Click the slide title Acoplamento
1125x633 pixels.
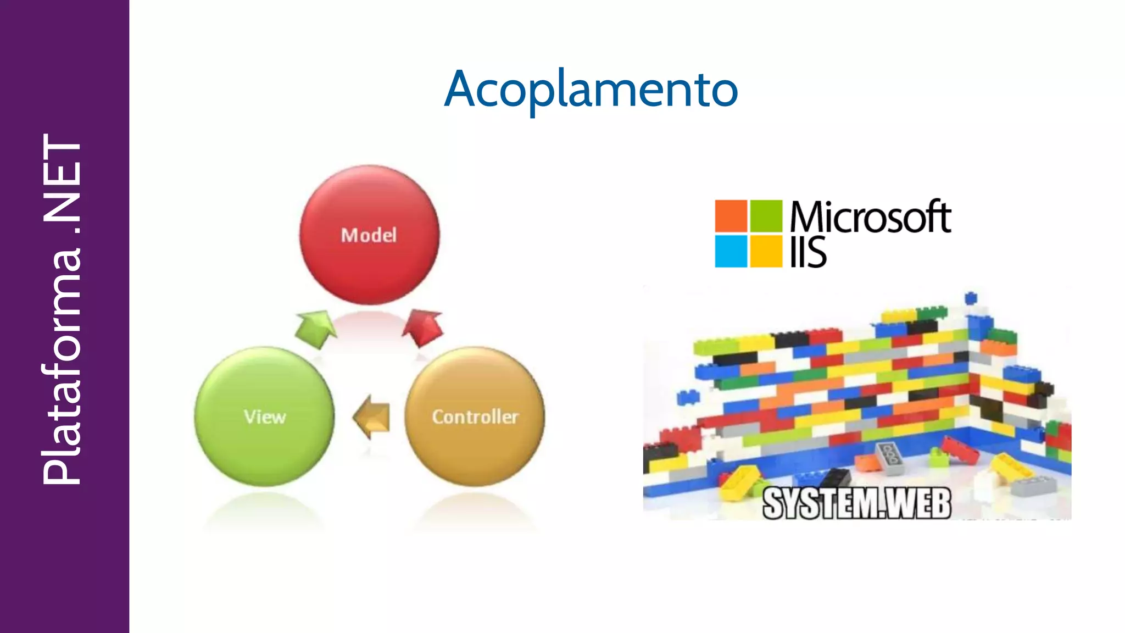pos(591,90)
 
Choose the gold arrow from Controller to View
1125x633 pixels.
pos(372,417)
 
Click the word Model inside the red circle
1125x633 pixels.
pos(369,235)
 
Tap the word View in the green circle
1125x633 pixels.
pos(265,417)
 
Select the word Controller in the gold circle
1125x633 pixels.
pos(475,417)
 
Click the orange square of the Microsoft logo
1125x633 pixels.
pos(731,216)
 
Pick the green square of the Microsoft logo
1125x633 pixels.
pos(766,216)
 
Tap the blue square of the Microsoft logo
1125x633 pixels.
pos(731,251)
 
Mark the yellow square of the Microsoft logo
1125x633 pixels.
pos(766,251)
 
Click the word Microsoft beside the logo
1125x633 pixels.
pos(870,216)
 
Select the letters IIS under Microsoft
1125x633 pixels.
pos(808,253)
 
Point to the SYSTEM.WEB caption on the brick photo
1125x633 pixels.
pos(856,503)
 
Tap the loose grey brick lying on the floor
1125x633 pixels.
pos(889,458)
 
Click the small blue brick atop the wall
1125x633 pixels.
pos(971,298)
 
